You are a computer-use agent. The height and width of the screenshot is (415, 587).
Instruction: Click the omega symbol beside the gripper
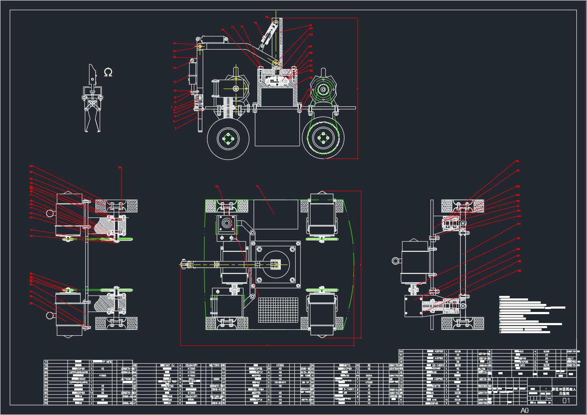click(108, 72)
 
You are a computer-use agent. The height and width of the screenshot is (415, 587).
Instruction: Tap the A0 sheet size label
click(525, 410)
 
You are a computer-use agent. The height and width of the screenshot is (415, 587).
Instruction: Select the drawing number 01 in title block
click(566, 401)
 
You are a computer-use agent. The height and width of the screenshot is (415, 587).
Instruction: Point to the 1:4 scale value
click(549, 398)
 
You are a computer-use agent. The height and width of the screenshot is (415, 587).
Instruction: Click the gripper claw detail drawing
click(92, 102)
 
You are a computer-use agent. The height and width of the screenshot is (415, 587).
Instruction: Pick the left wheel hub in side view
click(228, 138)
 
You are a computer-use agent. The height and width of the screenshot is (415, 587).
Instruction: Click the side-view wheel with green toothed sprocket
click(324, 138)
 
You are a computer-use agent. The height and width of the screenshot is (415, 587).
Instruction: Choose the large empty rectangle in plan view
click(274, 214)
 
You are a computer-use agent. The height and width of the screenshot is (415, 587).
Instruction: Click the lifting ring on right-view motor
click(396, 261)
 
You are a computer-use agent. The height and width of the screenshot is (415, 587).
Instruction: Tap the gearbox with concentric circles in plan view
click(226, 224)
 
